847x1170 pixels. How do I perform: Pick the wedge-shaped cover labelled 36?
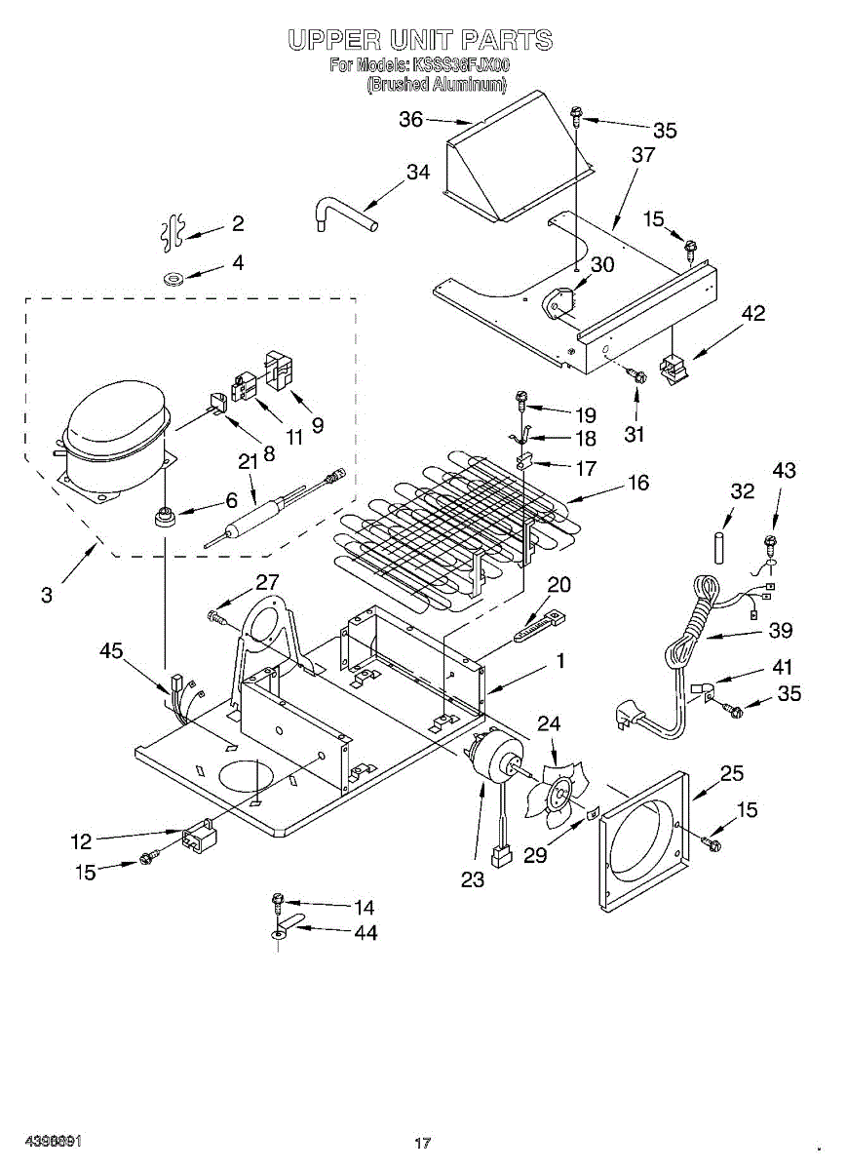pos(517,156)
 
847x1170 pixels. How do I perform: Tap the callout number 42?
pos(752,313)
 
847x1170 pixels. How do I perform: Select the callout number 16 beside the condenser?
pos(638,483)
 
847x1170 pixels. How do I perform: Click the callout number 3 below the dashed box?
pos(47,595)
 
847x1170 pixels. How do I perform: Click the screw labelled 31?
pos(636,373)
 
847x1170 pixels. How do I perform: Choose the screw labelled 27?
pos(216,615)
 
